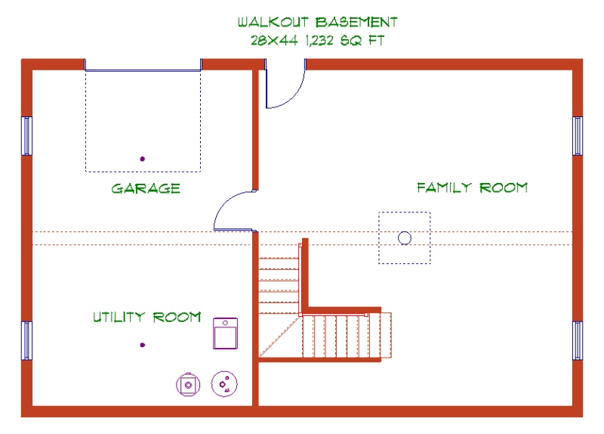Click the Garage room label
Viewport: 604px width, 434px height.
tap(146, 188)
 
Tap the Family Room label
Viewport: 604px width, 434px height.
tap(472, 188)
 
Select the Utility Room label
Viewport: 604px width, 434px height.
tap(146, 317)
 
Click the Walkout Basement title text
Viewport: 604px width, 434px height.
tap(317, 22)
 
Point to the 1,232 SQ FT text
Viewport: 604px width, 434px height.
tap(344, 41)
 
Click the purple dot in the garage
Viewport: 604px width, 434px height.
tap(142, 159)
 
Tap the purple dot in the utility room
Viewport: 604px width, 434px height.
tap(142, 346)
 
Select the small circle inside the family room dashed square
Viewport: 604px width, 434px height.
tap(404, 237)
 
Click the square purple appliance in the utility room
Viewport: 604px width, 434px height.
tap(225, 333)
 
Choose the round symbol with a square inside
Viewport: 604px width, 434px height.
tap(187, 384)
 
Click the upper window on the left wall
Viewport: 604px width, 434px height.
tap(27, 136)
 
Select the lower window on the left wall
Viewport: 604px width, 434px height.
tap(27, 340)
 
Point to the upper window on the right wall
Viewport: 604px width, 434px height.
tap(578, 136)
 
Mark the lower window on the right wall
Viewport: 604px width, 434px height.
tap(578, 340)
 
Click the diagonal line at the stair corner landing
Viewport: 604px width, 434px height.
tap(280, 336)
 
